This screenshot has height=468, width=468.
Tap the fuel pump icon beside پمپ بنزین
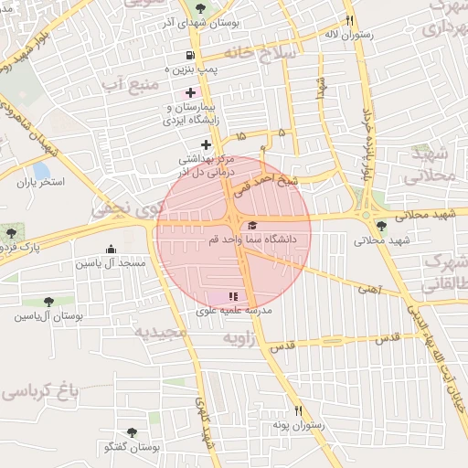point(190,56)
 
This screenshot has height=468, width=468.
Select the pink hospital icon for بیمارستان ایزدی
point(190,92)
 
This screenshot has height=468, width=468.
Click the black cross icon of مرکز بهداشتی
point(207,144)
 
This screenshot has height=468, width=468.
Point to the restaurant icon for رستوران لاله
point(349,20)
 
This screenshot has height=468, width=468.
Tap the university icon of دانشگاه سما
point(252,225)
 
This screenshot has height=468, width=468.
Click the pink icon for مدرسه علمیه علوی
point(232,296)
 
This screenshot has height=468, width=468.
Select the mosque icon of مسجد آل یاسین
point(111,249)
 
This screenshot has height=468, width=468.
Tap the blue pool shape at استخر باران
point(41,170)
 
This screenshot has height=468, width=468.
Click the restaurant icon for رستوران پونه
point(297,411)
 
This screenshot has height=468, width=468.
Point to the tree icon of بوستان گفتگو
point(133,432)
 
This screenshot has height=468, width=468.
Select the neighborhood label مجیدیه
point(161,332)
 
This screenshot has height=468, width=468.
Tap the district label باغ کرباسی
point(41,390)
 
